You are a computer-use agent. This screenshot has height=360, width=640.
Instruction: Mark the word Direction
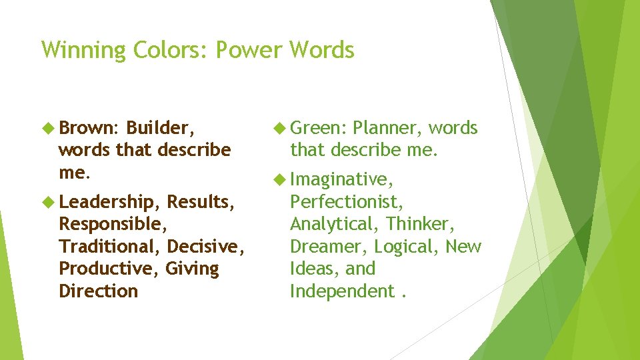pos(99,291)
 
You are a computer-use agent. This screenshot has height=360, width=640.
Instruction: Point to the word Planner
pos(387,128)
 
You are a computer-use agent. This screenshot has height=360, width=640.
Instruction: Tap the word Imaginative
pos(342,179)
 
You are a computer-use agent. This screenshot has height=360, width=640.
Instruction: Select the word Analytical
pos(335,224)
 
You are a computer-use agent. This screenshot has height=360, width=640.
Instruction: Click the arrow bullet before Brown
pos(48,127)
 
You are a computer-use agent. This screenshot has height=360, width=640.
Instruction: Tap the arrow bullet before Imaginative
pos(279,179)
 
